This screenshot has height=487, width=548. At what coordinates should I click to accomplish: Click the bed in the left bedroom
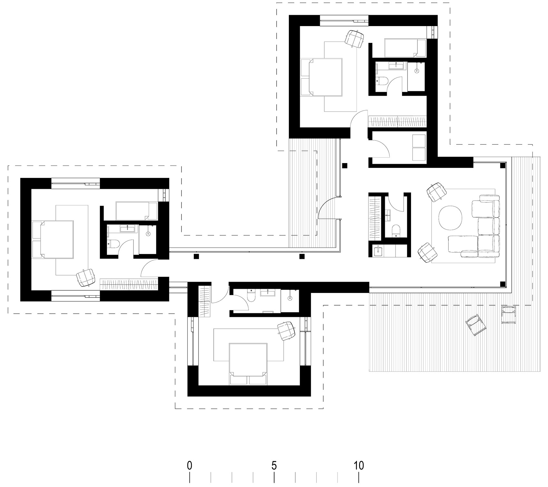tap(53, 239)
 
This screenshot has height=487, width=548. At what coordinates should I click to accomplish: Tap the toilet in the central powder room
tap(396, 231)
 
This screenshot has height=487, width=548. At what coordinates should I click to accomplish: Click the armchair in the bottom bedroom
tap(287, 330)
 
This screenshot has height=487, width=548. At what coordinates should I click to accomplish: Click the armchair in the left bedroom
tap(86, 278)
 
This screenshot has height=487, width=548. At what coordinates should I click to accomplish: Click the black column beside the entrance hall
tap(345, 166)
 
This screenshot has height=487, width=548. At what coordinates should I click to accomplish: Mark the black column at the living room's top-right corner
tap(502, 166)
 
